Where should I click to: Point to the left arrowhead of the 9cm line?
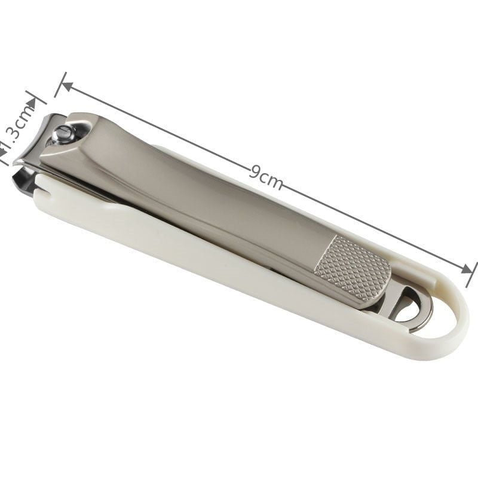pos(68,87)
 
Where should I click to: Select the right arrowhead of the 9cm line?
pos(467,269)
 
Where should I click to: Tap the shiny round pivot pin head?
pos(63,134)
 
